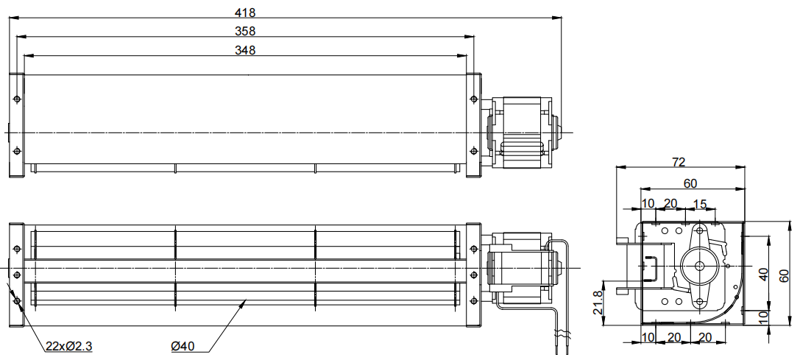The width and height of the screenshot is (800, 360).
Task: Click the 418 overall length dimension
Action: tap(245, 13)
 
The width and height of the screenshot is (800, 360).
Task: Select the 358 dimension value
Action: tap(245, 31)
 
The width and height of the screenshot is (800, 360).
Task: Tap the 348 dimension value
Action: tap(245, 50)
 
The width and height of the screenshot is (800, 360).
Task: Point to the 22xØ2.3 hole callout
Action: tap(69, 347)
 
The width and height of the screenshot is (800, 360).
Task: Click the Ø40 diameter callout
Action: tap(183, 347)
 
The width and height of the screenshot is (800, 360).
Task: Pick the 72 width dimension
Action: tap(679, 163)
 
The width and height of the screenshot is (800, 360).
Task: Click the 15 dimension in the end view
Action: tap(700, 205)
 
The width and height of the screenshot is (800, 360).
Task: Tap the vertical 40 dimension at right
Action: tap(763, 274)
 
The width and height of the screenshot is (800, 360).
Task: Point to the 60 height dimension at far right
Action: tap(785, 276)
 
